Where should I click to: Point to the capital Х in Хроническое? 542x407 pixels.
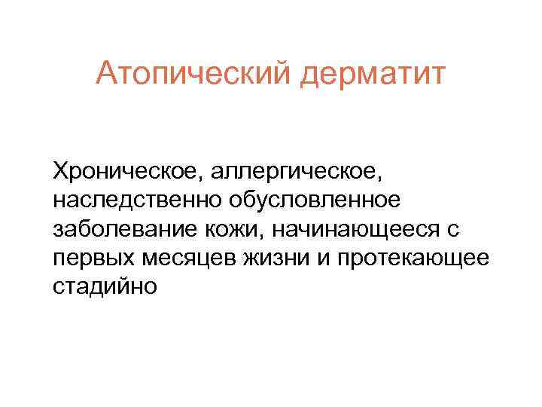(59, 171)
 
